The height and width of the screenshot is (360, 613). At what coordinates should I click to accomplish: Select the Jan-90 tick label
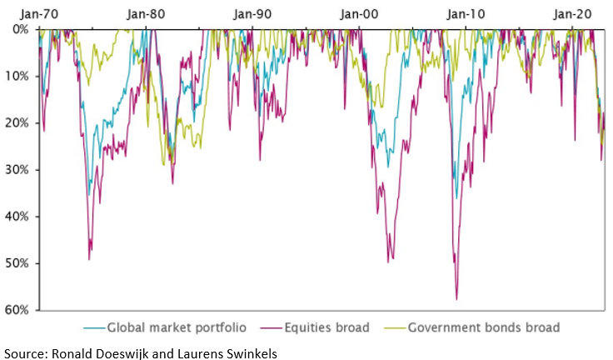(x=252, y=13)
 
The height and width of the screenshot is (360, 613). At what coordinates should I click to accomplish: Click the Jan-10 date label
(x=465, y=13)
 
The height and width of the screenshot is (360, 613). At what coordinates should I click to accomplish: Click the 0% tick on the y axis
(x=20, y=29)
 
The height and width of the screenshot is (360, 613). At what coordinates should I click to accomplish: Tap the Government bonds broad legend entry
(x=483, y=327)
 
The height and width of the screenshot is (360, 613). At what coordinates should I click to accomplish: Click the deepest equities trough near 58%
(x=456, y=298)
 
